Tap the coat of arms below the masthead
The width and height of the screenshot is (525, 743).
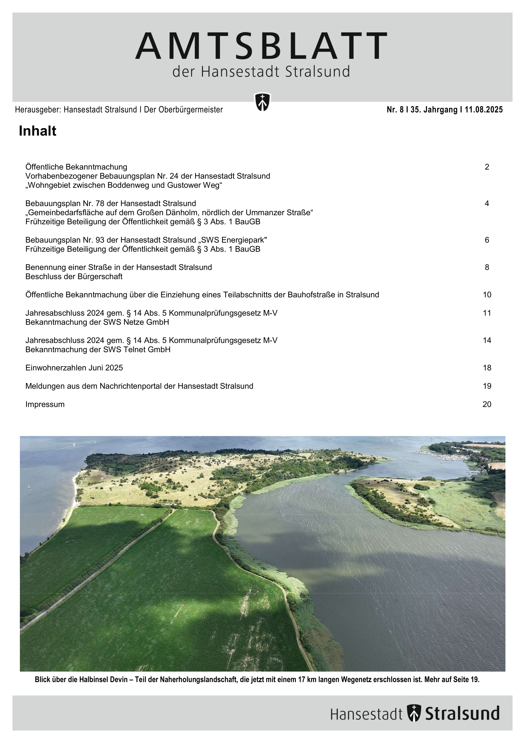coord(262,102)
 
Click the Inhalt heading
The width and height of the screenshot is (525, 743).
coord(37,131)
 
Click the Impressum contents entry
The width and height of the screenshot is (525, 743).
coord(45,404)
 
